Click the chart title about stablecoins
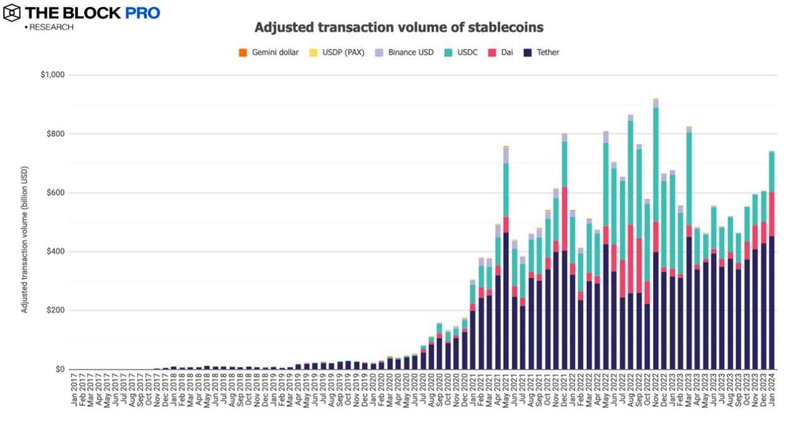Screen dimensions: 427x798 (399, 28)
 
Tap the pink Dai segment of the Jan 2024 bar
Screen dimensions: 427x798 (772, 214)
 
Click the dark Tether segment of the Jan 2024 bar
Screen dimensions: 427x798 (772, 302)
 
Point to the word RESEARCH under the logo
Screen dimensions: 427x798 (52, 27)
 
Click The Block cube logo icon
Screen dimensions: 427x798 (11, 13)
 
